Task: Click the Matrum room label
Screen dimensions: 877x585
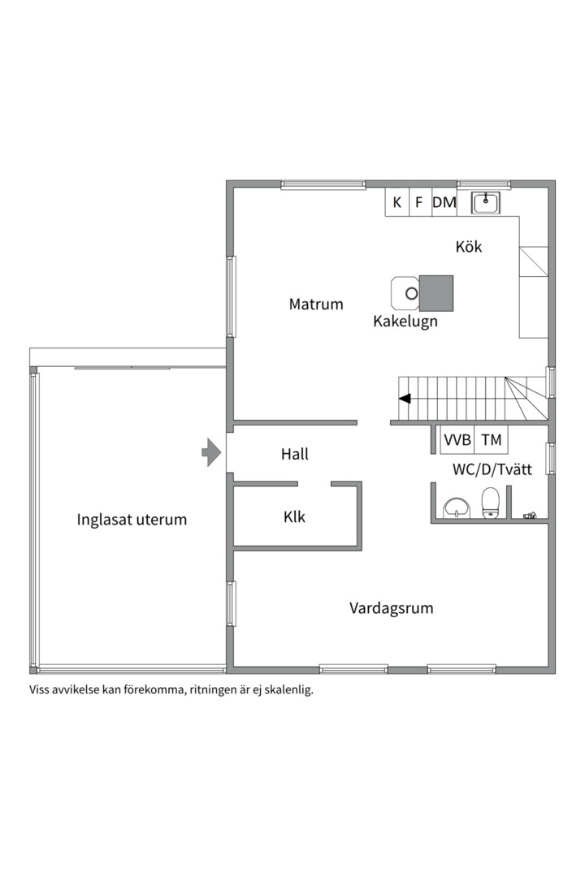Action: pos(316,305)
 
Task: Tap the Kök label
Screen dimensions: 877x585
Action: pos(469,246)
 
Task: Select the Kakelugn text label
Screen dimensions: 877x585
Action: pos(405,322)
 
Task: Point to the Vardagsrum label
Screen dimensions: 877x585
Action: pos(392,608)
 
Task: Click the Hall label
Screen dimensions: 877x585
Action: pos(295,455)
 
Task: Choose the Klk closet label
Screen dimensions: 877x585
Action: pos(295,516)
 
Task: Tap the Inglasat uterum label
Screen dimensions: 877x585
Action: pos(132,520)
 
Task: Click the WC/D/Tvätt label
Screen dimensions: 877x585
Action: pos(487,469)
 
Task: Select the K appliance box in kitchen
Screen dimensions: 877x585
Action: pos(396,203)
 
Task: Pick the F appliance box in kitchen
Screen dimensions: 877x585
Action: pos(419,203)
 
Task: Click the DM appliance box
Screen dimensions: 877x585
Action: pos(444,203)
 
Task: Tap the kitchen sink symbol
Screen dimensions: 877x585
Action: pos(487,202)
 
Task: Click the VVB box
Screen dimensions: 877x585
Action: pos(457,440)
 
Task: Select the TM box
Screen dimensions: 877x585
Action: pos(492,440)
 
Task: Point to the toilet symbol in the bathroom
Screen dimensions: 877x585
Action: pos(490,503)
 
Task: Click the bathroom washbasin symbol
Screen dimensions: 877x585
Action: pos(456,508)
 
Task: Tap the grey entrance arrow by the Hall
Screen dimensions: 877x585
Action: pos(211,452)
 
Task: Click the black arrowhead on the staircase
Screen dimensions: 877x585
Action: pos(404,398)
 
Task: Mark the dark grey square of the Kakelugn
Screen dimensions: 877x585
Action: pos(435,292)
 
